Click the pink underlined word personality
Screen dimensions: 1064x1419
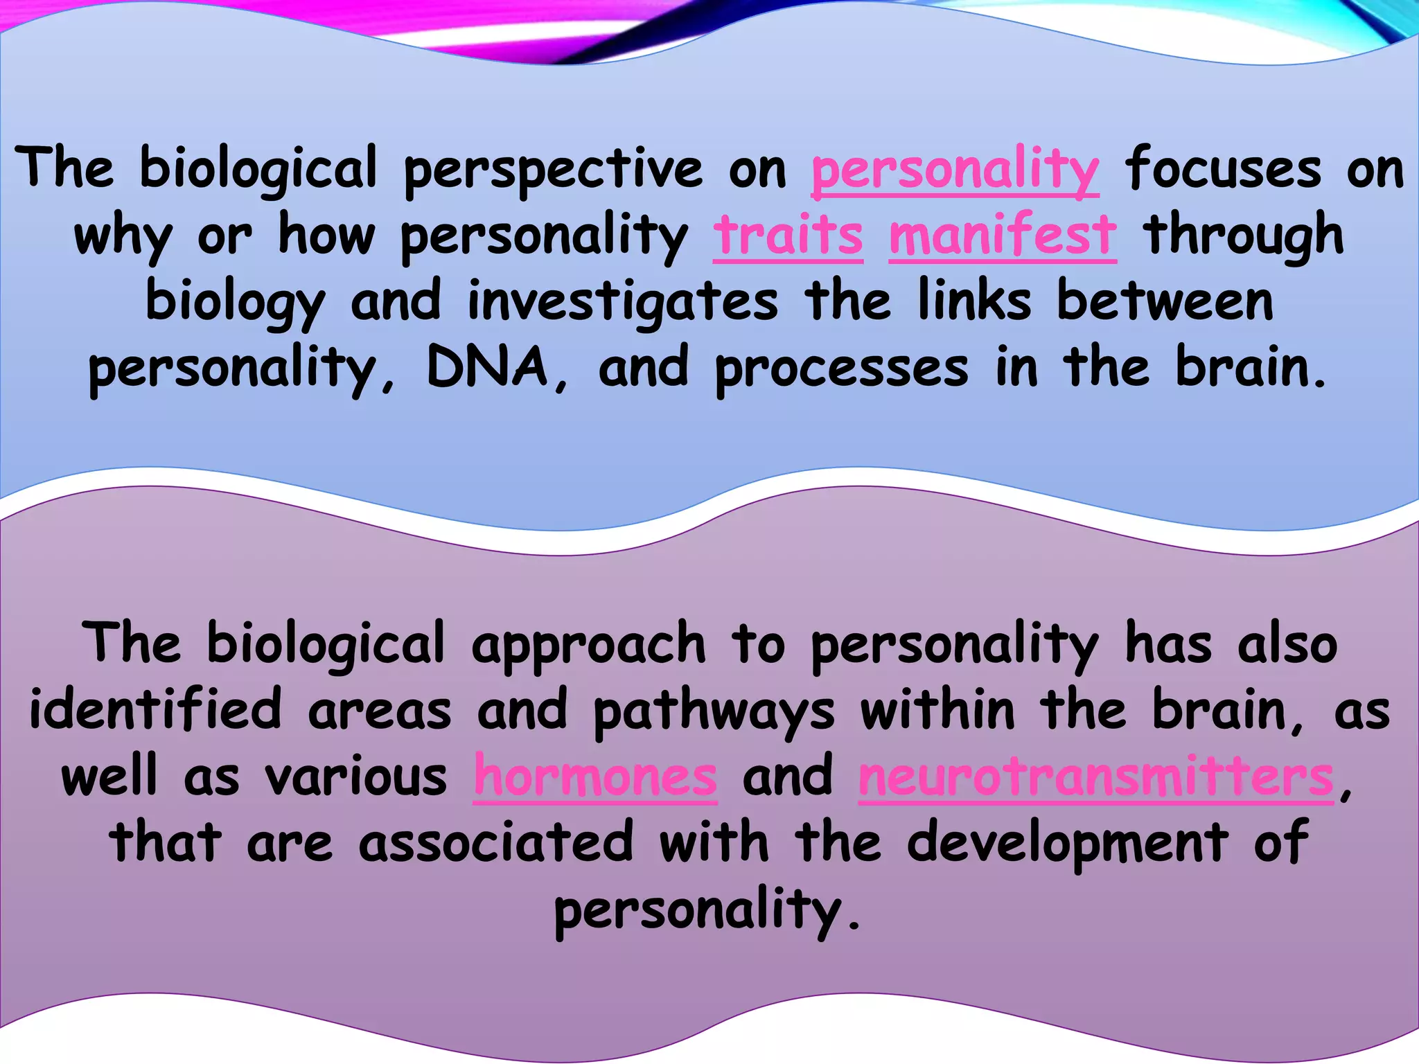(955, 170)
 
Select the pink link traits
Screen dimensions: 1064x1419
(788, 235)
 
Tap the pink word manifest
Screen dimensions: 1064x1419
(1002, 235)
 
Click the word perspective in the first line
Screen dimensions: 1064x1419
(553, 170)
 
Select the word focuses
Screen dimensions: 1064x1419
(1223, 170)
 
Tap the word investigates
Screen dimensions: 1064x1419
(622, 302)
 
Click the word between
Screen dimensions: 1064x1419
(1165, 302)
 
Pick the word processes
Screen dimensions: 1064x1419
(841, 369)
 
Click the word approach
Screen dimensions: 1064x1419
(588, 644)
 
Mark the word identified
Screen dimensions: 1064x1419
(155, 710)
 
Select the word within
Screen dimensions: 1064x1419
(937, 710)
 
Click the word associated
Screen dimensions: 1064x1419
(495, 842)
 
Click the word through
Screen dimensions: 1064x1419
(1243, 236)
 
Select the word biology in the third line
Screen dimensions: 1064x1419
(234, 303)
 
